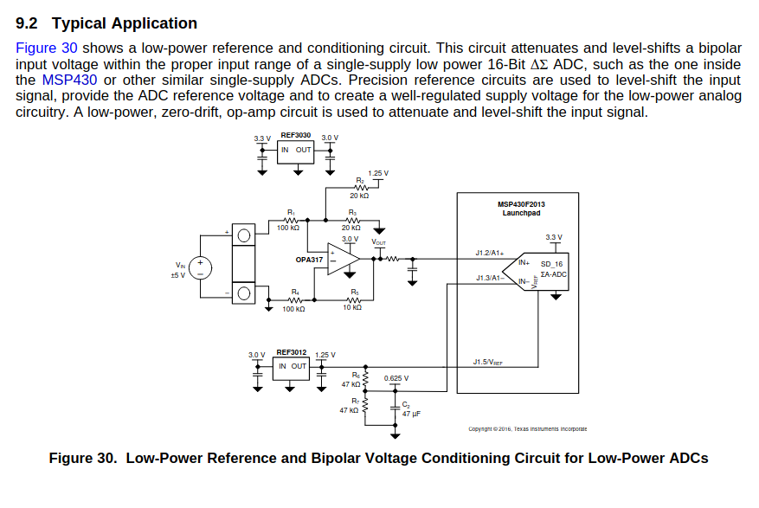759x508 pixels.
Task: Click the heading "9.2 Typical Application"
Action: (106, 23)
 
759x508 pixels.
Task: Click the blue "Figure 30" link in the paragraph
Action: (47, 48)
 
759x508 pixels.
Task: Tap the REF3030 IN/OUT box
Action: (296, 150)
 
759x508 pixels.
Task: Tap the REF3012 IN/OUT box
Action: (293, 366)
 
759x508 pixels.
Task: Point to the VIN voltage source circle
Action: (200, 267)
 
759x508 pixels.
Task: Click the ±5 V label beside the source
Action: (178, 275)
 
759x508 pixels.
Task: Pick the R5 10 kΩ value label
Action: (352, 308)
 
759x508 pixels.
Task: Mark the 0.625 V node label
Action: (396, 378)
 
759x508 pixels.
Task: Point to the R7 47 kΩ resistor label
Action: (350, 405)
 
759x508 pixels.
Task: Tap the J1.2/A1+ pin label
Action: (490, 253)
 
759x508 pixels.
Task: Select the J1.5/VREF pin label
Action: (488, 361)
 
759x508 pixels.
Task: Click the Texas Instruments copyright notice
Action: (527, 428)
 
